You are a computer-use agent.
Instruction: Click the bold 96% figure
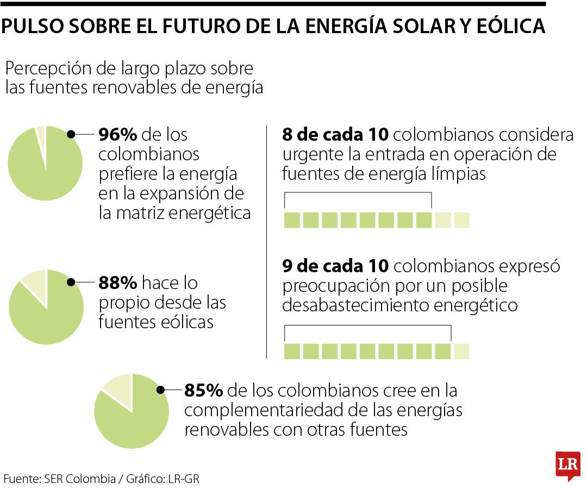116,134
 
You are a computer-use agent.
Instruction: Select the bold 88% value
117,283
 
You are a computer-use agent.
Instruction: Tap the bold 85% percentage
203,391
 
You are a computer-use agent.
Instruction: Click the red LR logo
567,465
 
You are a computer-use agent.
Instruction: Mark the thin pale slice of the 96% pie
41,133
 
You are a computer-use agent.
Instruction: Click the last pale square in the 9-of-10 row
461,352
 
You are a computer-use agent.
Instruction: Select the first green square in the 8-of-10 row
292,220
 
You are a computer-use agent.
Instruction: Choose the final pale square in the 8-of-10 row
461,220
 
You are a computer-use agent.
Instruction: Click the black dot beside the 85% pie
161,390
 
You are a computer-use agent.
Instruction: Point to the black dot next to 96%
71,134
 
